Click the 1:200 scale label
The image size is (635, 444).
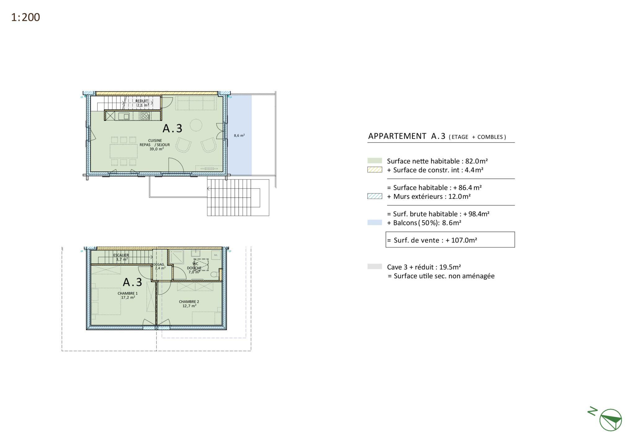[x=25, y=17]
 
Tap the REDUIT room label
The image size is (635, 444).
[x=142, y=101]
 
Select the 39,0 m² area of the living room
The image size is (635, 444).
[x=157, y=149]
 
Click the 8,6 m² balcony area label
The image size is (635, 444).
[x=239, y=135]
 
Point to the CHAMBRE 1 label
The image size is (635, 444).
[x=128, y=293]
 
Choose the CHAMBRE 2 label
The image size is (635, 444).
[x=189, y=302]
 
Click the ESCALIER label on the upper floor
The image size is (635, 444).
[x=121, y=255]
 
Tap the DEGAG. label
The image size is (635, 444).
[x=159, y=264]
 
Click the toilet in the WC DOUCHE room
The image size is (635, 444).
[x=214, y=274]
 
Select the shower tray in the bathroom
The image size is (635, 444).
[x=176, y=257]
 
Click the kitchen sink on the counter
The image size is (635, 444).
[x=124, y=116]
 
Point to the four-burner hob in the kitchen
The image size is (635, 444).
[x=145, y=116]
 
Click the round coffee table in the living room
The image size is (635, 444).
[x=196, y=126]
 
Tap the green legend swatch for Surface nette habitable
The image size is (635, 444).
[x=375, y=161]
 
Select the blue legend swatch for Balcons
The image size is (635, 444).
[x=375, y=222]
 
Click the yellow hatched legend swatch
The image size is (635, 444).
[x=375, y=170]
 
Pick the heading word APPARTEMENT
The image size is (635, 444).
[x=397, y=136]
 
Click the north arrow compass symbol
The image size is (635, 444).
[x=610, y=420]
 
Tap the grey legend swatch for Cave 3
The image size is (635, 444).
[x=375, y=266]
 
